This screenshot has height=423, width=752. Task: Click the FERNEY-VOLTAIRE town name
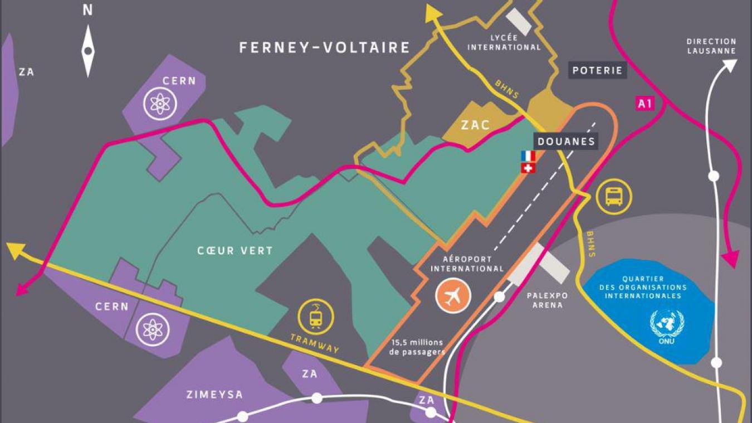tap(324, 47)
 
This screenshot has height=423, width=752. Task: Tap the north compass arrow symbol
tap(87, 51)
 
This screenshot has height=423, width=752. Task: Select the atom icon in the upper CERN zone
tap(160, 104)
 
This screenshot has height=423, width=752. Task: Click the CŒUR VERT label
tap(235, 251)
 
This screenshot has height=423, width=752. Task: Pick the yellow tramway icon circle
tap(315, 317)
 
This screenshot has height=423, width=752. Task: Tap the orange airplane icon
tap(453, 296)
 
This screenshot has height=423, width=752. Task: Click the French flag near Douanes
tap(528, 156)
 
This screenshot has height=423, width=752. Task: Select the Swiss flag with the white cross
tap(528, 168)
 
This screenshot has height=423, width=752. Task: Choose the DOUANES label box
tap(566, 141)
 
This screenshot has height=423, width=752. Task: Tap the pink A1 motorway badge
tap(644, 103)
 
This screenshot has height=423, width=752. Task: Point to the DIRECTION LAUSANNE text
tap(711, 46)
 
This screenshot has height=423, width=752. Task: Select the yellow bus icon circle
tap(614, 196)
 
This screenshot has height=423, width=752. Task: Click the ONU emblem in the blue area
tap(667, 324)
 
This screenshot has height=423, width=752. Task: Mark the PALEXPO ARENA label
tap(544, 300)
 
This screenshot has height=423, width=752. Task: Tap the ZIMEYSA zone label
tap(214, 395)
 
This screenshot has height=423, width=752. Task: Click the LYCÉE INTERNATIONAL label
tap(504, 42)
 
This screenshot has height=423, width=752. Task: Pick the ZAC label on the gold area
tap(475, 124)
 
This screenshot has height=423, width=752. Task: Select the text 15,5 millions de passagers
tap(418, 347)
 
